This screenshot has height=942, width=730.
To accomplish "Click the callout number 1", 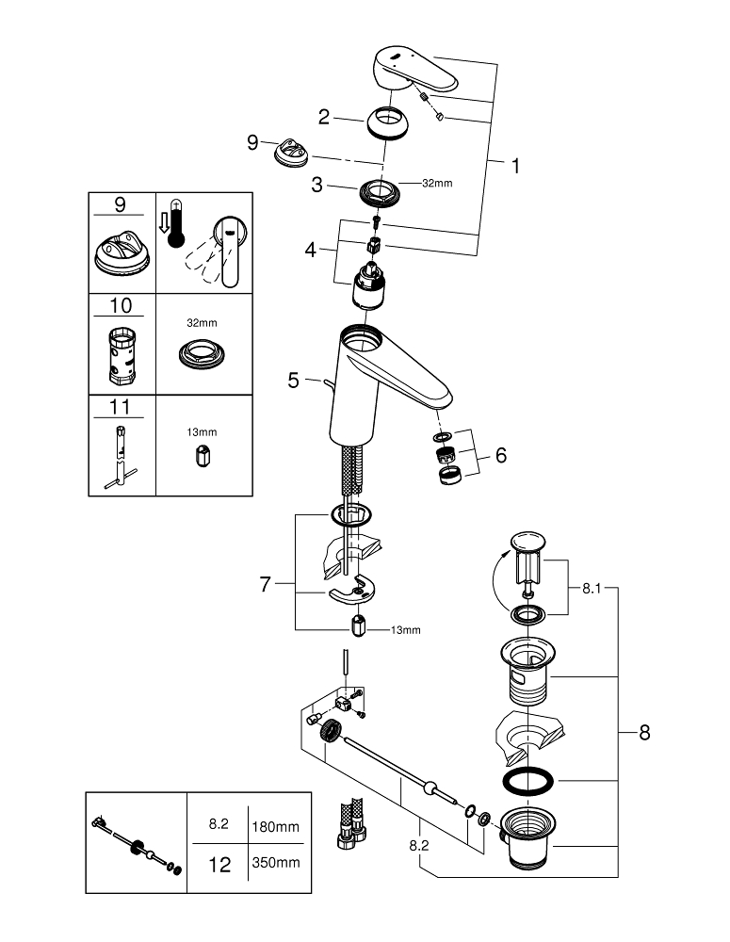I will [x=514, y=166].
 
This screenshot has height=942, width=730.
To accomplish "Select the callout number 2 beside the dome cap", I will [x=323, y=117].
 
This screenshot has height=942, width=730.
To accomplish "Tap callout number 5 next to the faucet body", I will [x=293, y=381].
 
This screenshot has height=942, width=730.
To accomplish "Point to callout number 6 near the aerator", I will [x=500, y=455].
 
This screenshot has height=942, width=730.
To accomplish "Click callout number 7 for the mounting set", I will [x=266, y=585].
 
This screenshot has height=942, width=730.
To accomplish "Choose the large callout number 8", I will [x=644, y=732].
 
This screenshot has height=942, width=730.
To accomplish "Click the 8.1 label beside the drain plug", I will [x=591, y=588].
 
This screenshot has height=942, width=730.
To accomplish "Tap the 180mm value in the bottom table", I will [x=275, y=826].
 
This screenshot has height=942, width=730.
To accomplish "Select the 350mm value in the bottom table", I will [x=275, y=862].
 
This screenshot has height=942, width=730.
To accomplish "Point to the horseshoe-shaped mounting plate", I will [x=347, y=591].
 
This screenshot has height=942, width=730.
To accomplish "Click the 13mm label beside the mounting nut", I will [x=405, y=629].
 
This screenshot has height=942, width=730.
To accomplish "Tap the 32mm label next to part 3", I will [x=436, y=183].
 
